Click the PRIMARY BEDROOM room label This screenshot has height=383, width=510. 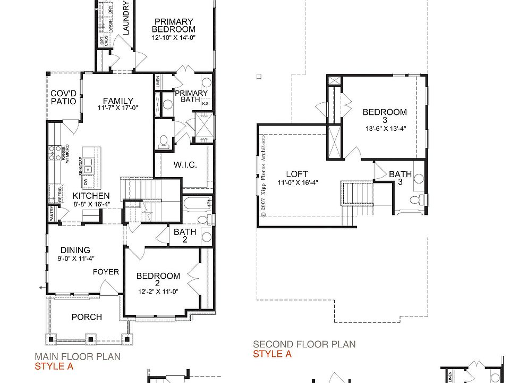point(173,26)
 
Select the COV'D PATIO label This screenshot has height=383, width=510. point(63,97)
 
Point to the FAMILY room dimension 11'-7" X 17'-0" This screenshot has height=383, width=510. point(118,108)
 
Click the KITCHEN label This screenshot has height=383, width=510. point(91,196)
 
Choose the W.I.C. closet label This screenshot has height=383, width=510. point(185,165)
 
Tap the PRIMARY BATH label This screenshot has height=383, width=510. point(191,96)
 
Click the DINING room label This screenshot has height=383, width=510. point(75,250)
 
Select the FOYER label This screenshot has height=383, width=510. point(106,272)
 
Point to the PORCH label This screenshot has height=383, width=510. point(87,317)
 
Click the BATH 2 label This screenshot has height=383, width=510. point(185,236)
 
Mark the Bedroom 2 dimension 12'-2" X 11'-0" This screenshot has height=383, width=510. point(158,292)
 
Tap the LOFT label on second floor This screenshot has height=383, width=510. point(297,174)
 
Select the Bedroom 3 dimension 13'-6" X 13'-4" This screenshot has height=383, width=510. point(385,128)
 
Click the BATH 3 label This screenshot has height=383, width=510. point(400,178)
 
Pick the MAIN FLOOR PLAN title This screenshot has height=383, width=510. point(78,357)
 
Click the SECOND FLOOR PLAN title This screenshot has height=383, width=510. point(304,345)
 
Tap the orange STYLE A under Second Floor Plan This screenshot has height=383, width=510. point(272,354)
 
